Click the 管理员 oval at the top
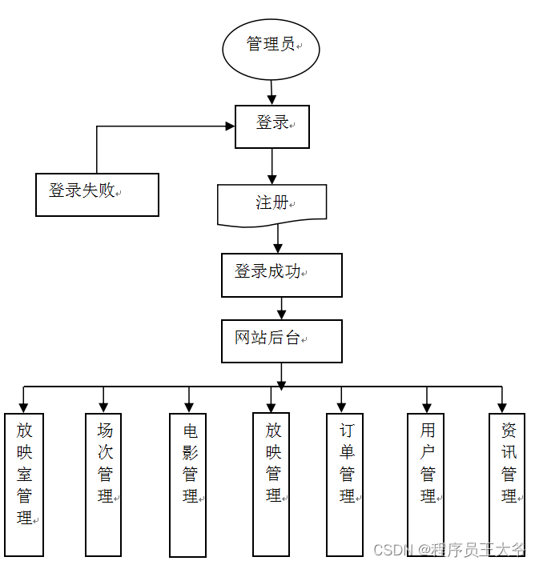point(271,48)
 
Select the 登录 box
point(272,126)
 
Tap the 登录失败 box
point(97,194)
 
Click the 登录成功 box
point(281,274)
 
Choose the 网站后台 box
point(281,341)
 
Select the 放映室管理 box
point(24,483)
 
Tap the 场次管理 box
point(104,483)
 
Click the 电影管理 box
point(188,484)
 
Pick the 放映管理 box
point(271,483)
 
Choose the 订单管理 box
point(344,483)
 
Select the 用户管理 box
point(425,483)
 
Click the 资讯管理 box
point(508,483)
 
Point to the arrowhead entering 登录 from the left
point(229,126)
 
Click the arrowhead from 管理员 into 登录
point(272,99)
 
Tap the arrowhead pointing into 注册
point(272,179)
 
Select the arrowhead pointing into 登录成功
point(278,248)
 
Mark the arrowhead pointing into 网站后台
point(281,315)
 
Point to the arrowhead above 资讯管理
point(502,407)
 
